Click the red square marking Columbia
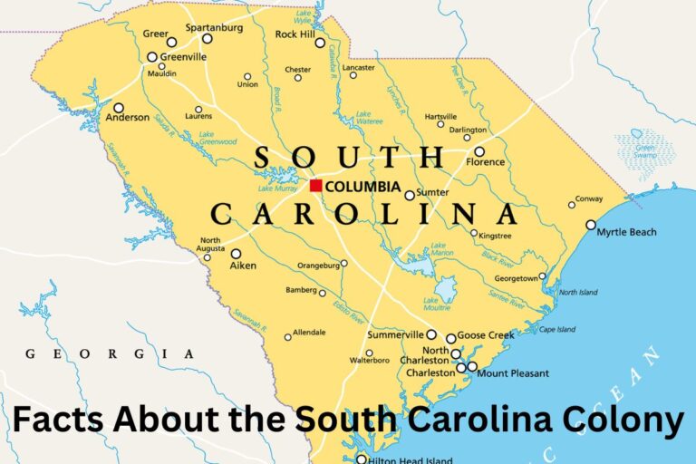315,186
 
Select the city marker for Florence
479,152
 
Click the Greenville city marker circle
152,57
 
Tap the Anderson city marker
118,108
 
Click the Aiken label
243,266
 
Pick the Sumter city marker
410,195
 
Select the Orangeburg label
318,265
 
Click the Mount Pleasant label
513,373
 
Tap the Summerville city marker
431,334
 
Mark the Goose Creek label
487,335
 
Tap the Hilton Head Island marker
361,459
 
